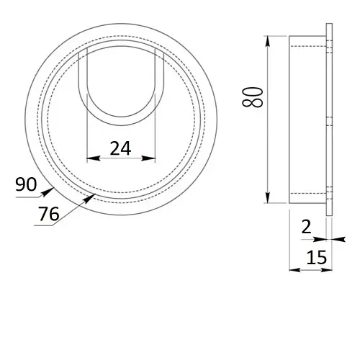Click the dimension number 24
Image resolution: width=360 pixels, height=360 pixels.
[x=120, y=148]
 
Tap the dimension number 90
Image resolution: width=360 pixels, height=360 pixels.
[x=26, y=184]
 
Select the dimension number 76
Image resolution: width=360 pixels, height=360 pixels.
[x=49, y=214]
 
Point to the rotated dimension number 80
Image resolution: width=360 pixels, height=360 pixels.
[x=253, y=96]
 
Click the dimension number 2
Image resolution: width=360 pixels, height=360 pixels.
[x=306, y=227]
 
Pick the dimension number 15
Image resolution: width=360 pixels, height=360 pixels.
[x=317, y=257]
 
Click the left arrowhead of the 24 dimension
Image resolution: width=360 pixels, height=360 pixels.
[x=93, y=158]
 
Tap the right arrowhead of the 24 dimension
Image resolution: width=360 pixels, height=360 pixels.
[x=148, y=158]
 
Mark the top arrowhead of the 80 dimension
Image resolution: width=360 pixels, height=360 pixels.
[x=268, y=42]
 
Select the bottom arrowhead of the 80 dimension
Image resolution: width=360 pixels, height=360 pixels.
[x=268, y=197]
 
